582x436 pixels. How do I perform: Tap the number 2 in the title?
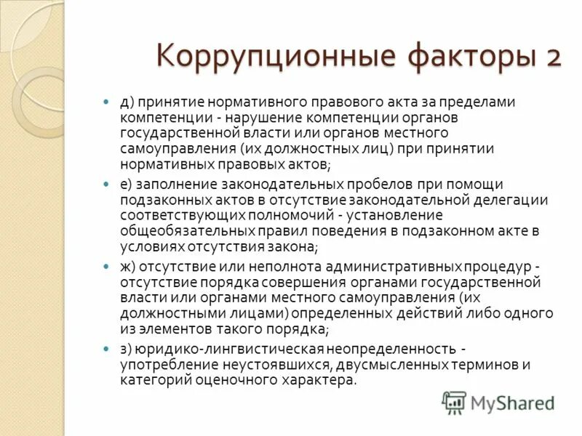coord(549,57)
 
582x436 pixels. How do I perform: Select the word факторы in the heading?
coord(460,57)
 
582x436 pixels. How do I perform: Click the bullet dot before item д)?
coord(106,102)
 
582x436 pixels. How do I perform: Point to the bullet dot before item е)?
coord(106,185)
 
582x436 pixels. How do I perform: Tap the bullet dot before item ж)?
coord(106,267)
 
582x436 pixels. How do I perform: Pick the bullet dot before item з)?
coord(106,349)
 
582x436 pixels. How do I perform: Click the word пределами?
coord(482,102)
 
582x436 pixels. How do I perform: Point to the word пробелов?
coord(364,185)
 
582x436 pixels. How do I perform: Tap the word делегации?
coord(512,201)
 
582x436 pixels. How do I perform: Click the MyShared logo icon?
coord(455,402)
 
